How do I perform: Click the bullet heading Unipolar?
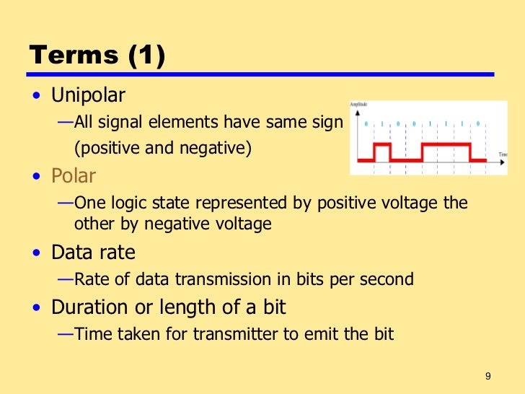(x=88, y=95)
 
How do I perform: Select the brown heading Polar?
(x=73, y=176)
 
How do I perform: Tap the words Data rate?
(x=93, y=253)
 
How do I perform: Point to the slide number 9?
(x=488, y=376)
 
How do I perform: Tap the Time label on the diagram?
(x=503, y=154)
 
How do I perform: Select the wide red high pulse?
(x=446, y=144)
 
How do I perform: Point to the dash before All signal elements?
(x=65, y=121)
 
